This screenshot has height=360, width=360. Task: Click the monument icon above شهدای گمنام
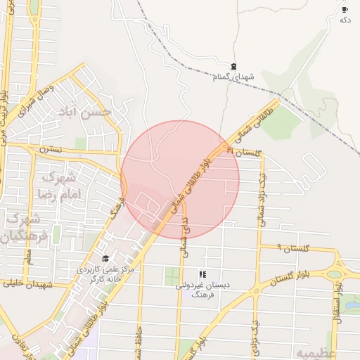(x=233, y=65)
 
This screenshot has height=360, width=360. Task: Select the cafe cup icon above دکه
(x=345, y=9)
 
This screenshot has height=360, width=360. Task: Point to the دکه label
(x=345, y=20)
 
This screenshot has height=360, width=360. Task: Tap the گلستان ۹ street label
(x=289, y=248)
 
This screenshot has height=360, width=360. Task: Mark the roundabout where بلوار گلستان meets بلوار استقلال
(x=335, y=274)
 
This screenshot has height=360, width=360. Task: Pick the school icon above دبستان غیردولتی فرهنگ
(x=202, y=274)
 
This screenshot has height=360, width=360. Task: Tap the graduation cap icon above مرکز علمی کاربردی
(x=106, y=258)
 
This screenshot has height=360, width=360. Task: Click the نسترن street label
(x=51, y=150)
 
